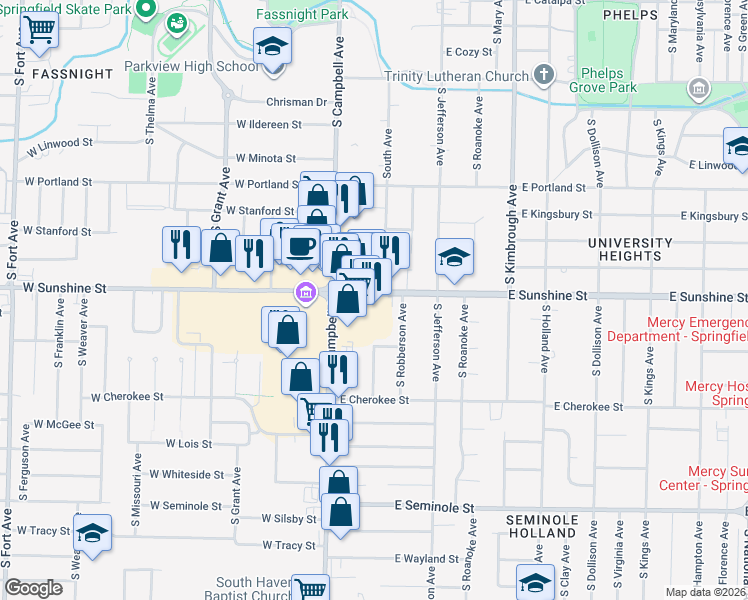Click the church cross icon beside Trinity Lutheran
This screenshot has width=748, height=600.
click(543, 74)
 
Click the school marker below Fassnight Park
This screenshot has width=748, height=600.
click(271, 47)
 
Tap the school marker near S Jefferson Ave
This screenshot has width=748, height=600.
click(454, 257)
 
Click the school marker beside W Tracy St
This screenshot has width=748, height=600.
click(92, 532)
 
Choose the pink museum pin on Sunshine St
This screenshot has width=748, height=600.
click(304, 293)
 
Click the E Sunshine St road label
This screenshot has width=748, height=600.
click(546, 297)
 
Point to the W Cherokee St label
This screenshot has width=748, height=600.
click(127, 397)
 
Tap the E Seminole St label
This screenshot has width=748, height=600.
click(434, 508)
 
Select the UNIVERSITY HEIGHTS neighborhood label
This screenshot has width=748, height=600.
click(630, 250)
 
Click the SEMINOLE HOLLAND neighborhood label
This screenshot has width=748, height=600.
click(542, 527)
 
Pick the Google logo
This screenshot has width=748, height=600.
click(34, 588)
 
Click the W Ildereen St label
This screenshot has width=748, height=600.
click(269, 125)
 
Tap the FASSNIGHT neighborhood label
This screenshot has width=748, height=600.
click(72, 74)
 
